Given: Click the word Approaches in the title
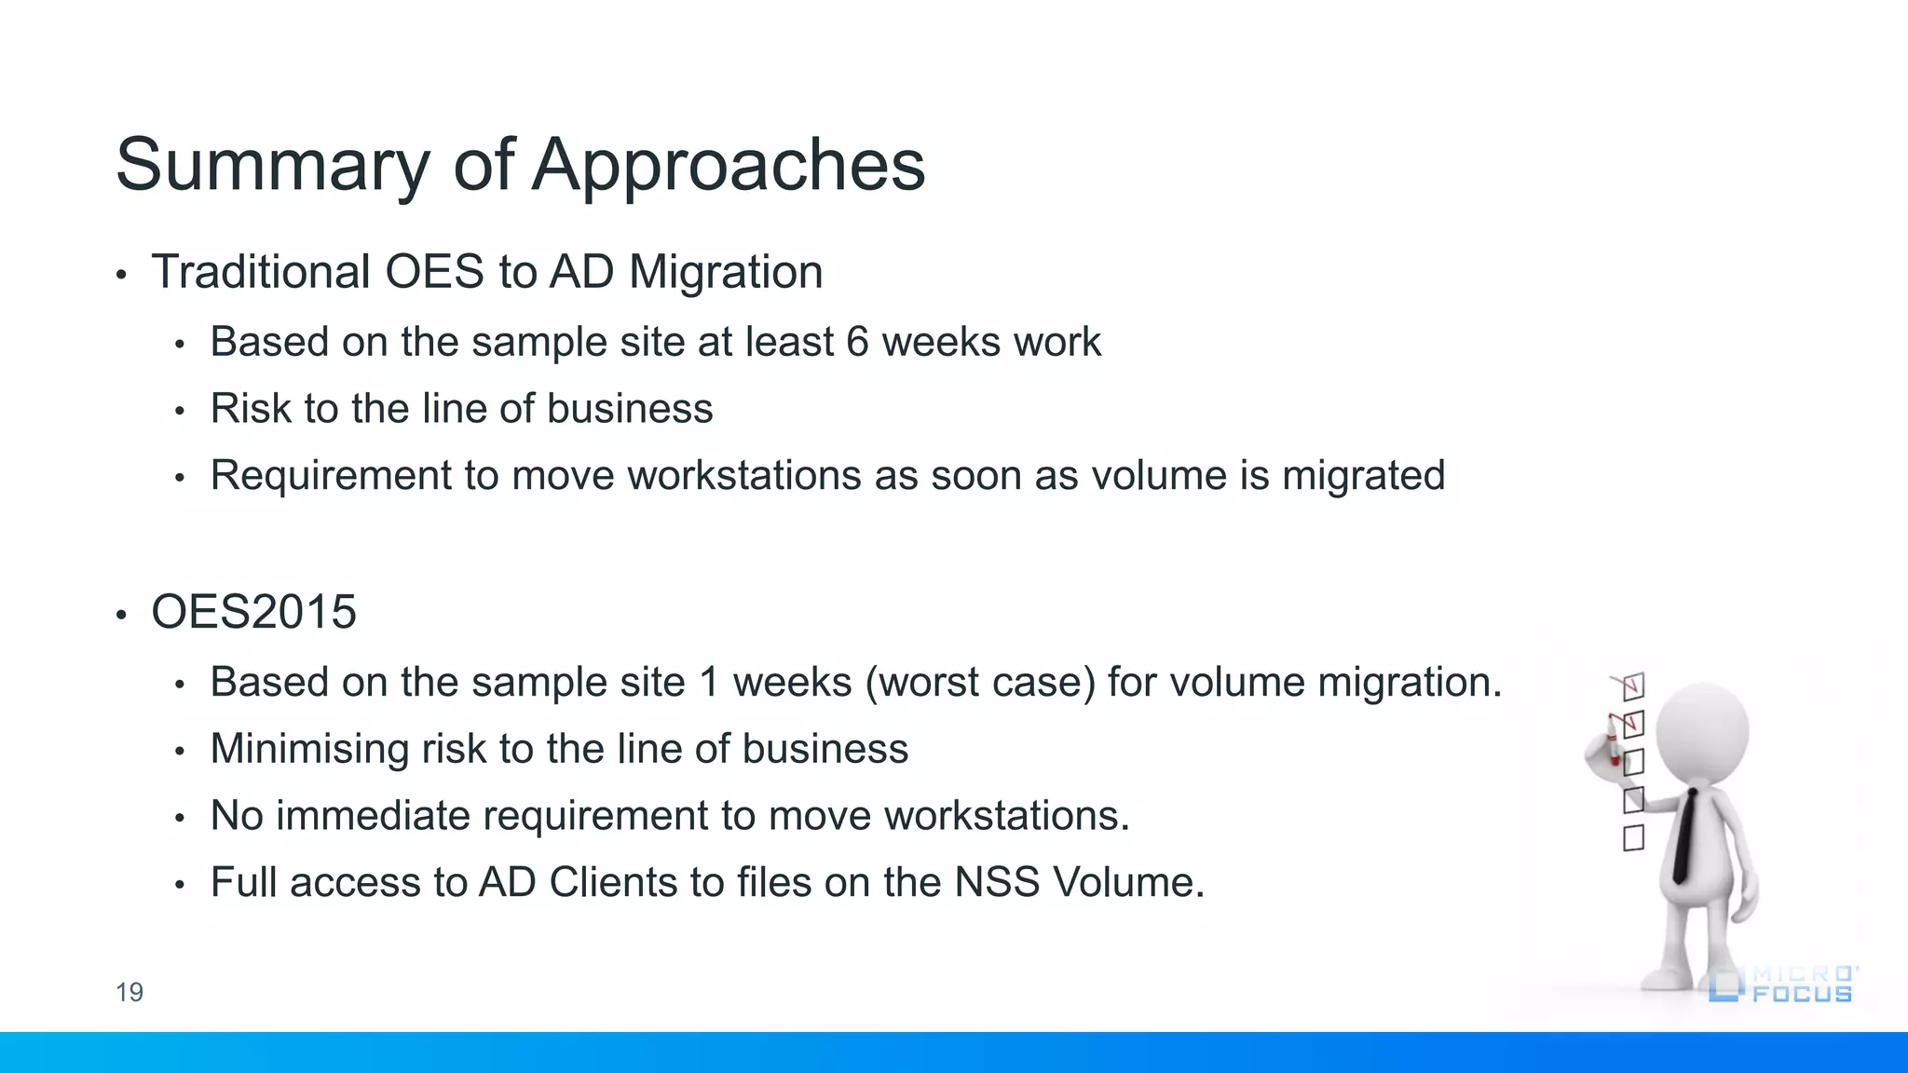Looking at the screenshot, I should click(x=729, y=166).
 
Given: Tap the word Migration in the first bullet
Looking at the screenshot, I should click(x=726, y=272).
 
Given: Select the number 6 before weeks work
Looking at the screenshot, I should click(x=857, y=342).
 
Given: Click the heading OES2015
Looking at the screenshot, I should click(x=253, y=612).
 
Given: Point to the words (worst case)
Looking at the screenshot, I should click(x=980, y=683).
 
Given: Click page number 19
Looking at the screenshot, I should click(x=129, y=992).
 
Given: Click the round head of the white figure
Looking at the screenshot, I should click(x=1703, y=731).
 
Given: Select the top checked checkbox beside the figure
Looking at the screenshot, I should click(x=1633, y=687).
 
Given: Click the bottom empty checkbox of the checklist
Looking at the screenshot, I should click(x=1633, y=838).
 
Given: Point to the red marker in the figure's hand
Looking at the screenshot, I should click(x=1613, y=750).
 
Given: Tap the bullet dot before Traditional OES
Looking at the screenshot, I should click(x=121, y=275).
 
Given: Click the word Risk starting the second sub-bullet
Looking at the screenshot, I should click(x=244, y=409).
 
